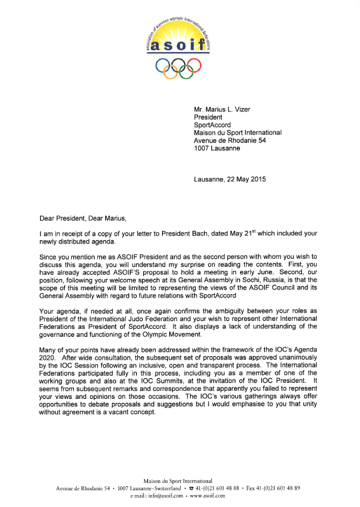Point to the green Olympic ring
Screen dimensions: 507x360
click(x=185, y=71)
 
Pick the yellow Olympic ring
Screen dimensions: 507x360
click(x=170, y=71)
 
